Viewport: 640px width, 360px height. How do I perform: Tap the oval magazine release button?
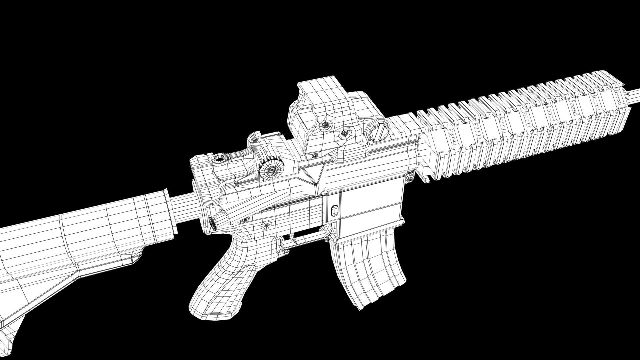pos(334,210)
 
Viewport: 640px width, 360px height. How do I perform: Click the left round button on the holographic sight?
pos(325,126)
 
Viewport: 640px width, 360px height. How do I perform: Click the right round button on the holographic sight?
pos(344,133)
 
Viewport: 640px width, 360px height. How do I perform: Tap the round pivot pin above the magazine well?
pos(410,178)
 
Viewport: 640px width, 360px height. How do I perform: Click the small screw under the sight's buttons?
pos(314,155)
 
